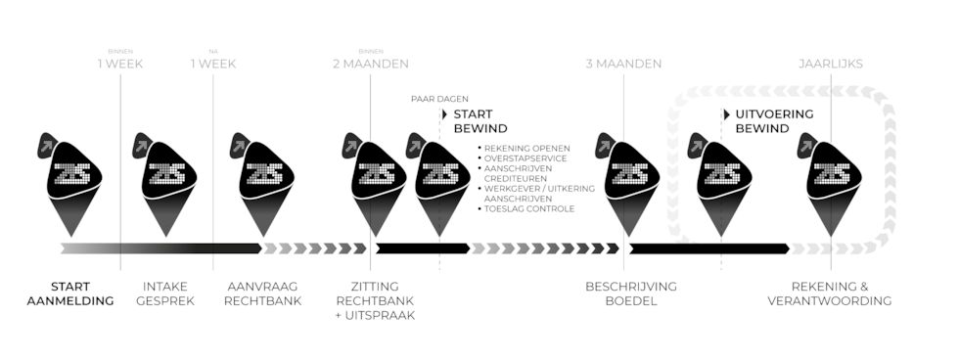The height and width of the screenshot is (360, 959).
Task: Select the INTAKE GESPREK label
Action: [x=165, y=292]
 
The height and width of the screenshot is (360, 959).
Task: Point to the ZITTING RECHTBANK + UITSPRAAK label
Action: [x=368, y=300]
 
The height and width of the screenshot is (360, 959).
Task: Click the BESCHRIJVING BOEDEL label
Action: [x=630, y=292]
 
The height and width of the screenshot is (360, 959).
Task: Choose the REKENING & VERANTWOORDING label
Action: [x=829, y=292]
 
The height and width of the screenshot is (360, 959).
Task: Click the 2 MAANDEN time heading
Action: [x=370, y=64]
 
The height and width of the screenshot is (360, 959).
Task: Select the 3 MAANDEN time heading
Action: [x=623, y=64]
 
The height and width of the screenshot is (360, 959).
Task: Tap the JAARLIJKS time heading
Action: [x=831, y=64]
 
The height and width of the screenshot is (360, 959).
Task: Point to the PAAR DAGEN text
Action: [x=438, y=98]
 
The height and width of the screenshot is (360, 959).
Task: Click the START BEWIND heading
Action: [x=479, y=121]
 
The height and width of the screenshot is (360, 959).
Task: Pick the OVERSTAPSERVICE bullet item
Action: [x=525, y=158]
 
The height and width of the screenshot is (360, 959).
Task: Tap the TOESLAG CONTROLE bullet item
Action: [x=528, y=208]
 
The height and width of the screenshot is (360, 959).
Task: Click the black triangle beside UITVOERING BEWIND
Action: [x=726, y=113]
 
